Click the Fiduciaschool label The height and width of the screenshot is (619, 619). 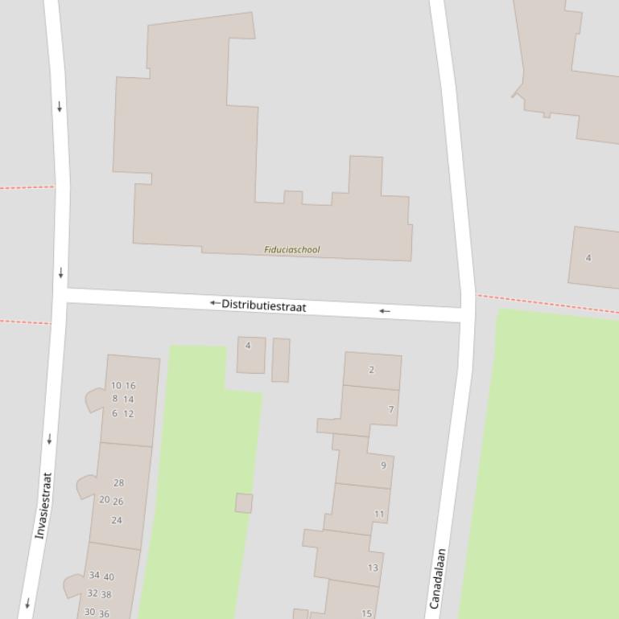tap(292, 250)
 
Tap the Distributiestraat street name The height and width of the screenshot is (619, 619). tap(263, 305)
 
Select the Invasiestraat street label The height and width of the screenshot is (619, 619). tap(43, 506)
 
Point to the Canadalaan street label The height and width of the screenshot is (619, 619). tap(438, 579)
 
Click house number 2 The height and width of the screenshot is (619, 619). tap(371, 370)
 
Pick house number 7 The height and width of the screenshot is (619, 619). tap(391, 410)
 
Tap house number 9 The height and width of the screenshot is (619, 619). tap(383, 465)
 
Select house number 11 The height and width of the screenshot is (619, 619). tap(379, 514)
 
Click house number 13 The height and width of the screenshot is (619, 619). tap(373, 568)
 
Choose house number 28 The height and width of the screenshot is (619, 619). tap(119, 483)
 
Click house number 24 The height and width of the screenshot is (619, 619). tap(117, 520)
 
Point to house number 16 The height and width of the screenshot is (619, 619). tap(130, 386)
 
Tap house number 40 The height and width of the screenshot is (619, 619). tap(109, 577)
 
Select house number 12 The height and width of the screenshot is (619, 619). tap(129, 414)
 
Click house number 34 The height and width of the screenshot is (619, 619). tap(94, 576)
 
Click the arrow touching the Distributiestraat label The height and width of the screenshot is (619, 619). tap(215, 303)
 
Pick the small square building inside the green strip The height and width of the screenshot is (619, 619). tap(244, 503)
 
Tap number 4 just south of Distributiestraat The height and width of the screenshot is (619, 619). tap(248, 346)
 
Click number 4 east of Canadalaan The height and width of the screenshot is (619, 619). tap(588, 258)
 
